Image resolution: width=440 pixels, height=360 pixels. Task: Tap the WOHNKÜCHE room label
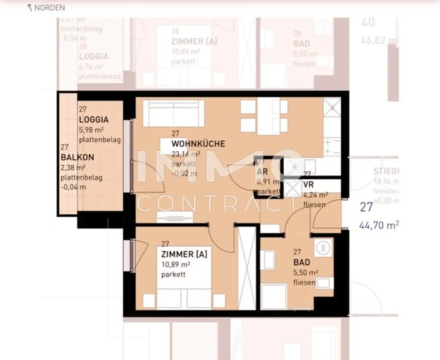point(198,144)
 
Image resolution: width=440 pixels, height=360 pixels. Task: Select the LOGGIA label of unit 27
point(94,120)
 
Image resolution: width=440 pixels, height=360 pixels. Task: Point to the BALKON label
point(77,157)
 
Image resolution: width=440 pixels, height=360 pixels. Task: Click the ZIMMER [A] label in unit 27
point(184,254)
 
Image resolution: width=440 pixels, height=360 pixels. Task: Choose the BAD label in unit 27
point(302,262)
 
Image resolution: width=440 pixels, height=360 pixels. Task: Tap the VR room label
point(309,184)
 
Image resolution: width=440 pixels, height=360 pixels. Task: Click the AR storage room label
point(263,172)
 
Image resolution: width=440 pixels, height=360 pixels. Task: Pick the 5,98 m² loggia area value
point(91,130)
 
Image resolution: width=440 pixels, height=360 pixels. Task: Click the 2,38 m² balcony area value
point(73,167)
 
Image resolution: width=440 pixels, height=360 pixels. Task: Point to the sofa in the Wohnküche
point(171,113)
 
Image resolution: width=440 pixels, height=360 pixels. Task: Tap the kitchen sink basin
point(293,168)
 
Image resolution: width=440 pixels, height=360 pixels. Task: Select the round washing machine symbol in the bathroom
point(321,247)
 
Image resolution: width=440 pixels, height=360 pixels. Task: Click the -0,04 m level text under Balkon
point(73,187)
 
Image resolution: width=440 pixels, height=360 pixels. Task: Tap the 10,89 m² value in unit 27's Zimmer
point(176,265)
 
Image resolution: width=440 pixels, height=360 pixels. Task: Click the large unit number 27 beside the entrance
point(366,207)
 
